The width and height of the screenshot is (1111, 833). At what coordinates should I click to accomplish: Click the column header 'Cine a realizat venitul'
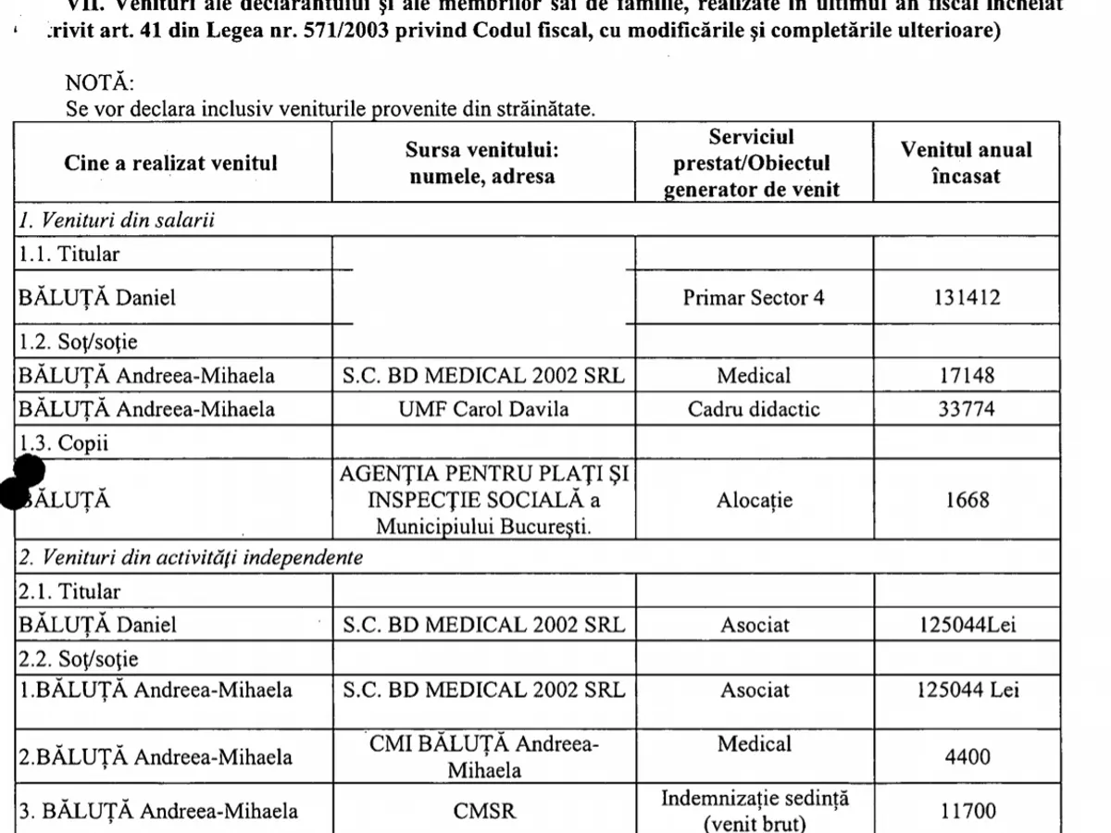[x=171, y=163]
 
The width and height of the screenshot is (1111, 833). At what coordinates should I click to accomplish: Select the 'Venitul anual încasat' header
[x=966, y=163]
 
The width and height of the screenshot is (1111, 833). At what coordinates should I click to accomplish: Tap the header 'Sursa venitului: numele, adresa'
[x=482, y=163]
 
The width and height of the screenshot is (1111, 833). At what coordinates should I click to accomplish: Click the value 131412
[x=966, y=298]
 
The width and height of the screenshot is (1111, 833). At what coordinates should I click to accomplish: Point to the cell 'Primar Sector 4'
[x=754, y=298]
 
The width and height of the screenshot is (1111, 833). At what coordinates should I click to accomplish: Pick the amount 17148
[x=966, y=376]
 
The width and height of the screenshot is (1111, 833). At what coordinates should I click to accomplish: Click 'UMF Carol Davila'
[x=482, y=409]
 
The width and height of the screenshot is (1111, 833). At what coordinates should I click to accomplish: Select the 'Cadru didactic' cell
[x=754, y=409]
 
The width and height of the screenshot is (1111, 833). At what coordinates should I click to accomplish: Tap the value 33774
[x=966, y=409]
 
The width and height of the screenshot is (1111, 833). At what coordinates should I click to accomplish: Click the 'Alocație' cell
[x=754, y=501]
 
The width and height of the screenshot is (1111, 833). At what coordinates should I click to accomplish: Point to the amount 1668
[x=967, y=501]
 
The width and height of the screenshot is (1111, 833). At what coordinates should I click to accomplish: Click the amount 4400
[x=967, y=757]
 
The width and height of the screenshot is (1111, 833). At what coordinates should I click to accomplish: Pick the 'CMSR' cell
[x=483, y=812]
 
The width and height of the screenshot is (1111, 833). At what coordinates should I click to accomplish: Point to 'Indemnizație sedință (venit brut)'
[x=755, y=811]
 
